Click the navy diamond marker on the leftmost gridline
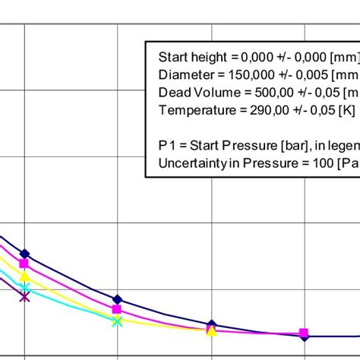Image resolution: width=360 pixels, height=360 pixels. click(x=24, y=254)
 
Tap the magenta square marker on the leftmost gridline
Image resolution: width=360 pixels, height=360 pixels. click(x=24, y=264)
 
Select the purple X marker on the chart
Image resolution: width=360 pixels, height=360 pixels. click(x=24, y=296)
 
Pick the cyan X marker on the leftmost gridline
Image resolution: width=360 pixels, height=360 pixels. click(x=25, y=288)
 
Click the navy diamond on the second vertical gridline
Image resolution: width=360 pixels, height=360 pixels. click(x=117, y=300)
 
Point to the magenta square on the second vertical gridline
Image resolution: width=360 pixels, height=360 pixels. click(x=117, y=310)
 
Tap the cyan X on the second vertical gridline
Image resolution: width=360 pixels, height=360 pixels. click(x=117, y=321)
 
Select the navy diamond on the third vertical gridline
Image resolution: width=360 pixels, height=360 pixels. click(x=211, y=325)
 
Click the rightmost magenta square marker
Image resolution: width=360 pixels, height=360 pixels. click(x=304, y=333)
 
